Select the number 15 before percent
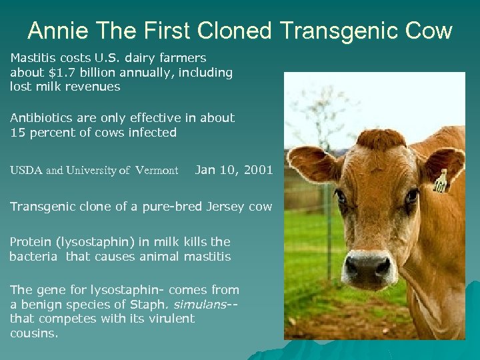point(17,132)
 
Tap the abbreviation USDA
point(26,171)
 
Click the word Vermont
point(157,171)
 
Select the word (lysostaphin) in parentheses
point(93,242)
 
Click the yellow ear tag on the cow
point(440,181)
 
